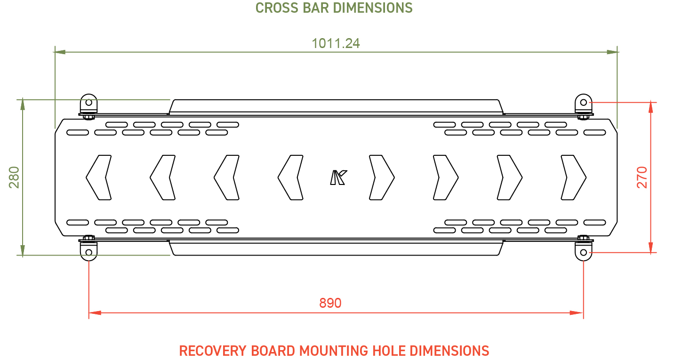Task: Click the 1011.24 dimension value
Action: click(x=336, y=44)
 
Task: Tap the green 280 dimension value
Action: click(x=14, y=177)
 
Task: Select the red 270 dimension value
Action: click(x=642, y=177)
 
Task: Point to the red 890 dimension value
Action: click(x=330, y=303)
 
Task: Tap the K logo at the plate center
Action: click(x=338, y=177)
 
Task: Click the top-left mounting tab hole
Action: click(x=89, y=103)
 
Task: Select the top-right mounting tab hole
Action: click(x=584, y=103)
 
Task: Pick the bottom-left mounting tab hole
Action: click(x=89, y=252)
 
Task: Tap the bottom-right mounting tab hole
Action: click(x=584, y=252)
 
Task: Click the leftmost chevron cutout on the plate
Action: click(x=99, y=177)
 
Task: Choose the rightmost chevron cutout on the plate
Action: click(x=573, y=177)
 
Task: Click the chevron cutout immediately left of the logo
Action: click(x=290, y=177)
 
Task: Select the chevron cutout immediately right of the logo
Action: click(x=382, y=177)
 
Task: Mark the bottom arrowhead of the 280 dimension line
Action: click(x=23, y=250)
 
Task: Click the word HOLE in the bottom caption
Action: click(x=389, y=351)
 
